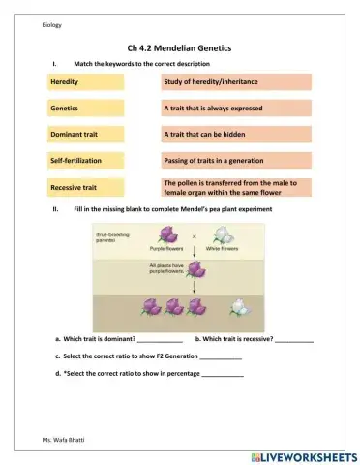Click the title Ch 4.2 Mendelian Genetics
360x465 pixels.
[x=179, y=46]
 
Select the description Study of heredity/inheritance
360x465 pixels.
[x=237, y=83]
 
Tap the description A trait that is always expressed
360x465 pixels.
[x=237, y=108]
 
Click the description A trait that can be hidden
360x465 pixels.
[x=237, y=134]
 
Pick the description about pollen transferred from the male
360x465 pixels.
[x=237, y=186]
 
